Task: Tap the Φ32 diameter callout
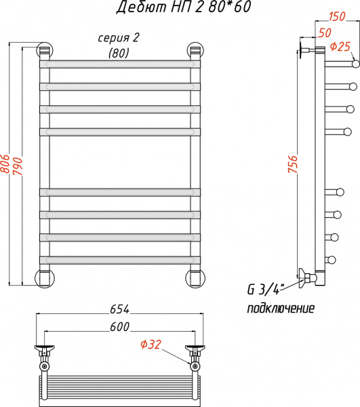coord(151,345)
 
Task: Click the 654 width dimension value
coord(119,309)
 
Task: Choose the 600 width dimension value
coord(119,327)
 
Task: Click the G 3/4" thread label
coord(264,290)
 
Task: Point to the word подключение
coord(280,309)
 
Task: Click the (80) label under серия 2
coord(119,52)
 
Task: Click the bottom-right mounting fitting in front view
coord(196,278)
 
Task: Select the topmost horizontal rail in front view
coord(120,64)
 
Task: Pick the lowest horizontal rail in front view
coord(120,258)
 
